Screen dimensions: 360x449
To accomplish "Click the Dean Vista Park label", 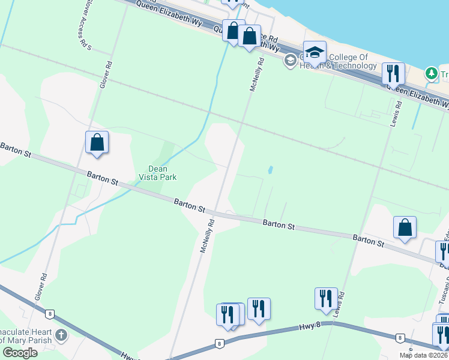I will coord(157,173).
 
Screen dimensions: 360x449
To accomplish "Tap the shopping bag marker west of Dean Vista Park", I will coord(97,143).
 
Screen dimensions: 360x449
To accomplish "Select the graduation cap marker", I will coord(315,53).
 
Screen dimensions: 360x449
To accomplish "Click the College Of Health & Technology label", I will coord(330,62).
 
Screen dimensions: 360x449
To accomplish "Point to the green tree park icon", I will coord(431,73).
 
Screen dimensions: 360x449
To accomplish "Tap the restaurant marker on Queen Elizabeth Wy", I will coord(393,74).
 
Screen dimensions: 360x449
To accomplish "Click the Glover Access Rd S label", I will coord(84,24).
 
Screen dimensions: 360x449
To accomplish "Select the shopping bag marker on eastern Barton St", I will coord(405,228).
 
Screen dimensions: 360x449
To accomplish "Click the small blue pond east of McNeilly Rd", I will coord(270,170).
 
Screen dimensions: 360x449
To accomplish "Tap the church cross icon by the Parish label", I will coord(60,335).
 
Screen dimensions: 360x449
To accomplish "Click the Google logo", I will coord(20,353).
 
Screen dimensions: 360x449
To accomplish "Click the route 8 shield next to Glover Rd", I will coord(49,313).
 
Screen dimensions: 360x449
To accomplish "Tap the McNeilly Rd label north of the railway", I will coord(257,74).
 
